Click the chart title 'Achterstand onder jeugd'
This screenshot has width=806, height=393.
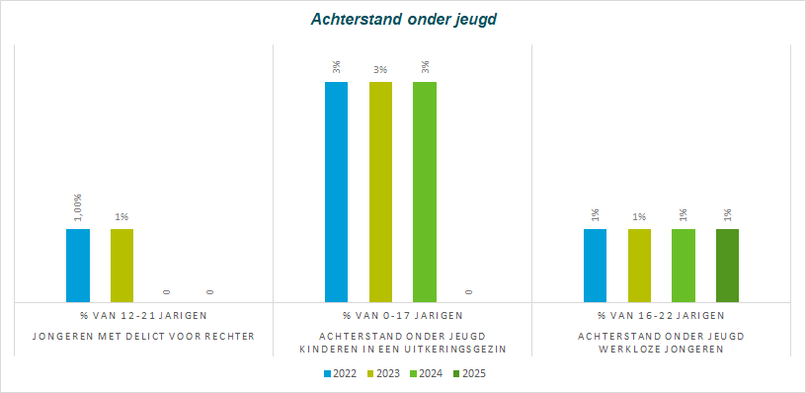404,20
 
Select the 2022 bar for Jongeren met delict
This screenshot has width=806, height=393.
78,266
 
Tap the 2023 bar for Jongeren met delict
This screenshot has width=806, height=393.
121,266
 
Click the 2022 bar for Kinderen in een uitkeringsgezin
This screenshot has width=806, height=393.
336,193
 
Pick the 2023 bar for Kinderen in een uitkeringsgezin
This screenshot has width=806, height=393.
380,193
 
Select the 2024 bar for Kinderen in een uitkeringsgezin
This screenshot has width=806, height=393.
425,193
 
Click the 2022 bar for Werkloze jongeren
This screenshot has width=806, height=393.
596,266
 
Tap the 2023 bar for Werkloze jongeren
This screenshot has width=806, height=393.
639,266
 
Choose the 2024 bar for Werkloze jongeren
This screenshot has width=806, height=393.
684,266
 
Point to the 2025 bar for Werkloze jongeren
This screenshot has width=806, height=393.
727,266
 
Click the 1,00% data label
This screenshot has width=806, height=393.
78,207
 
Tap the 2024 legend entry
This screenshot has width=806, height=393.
428,373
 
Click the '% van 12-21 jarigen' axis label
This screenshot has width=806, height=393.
143,315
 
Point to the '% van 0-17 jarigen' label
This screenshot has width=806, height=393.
402,315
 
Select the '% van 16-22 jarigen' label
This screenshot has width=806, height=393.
661,315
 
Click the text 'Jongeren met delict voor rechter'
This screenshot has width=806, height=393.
143,337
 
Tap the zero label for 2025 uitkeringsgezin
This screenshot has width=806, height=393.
469,292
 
